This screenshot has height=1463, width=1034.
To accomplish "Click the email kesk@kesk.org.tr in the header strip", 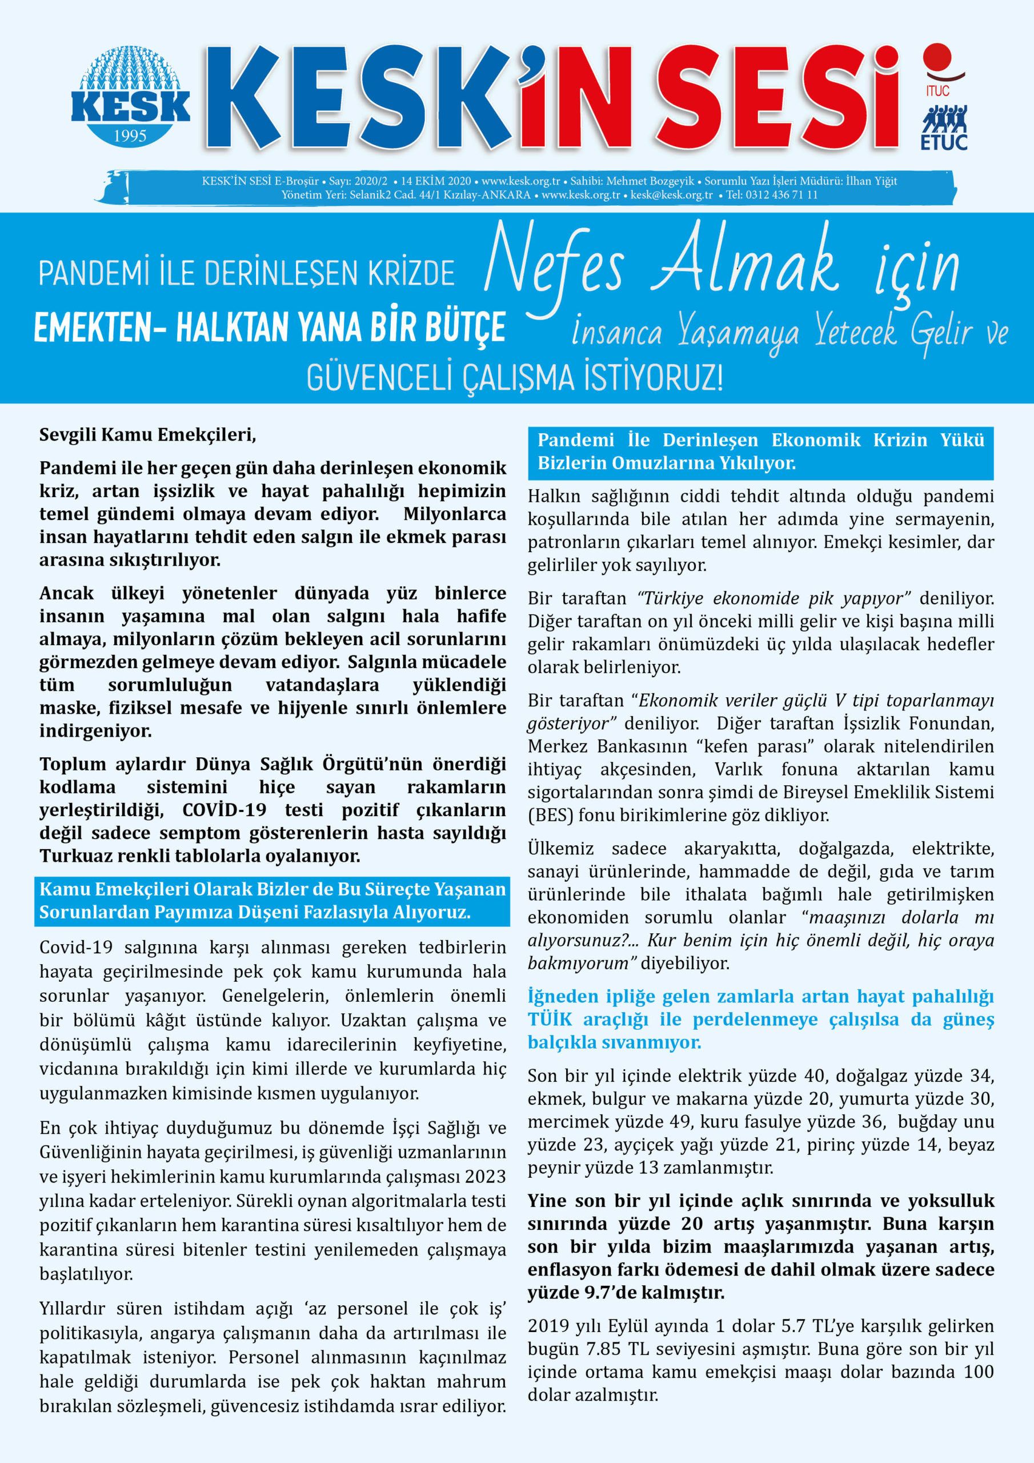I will pos(671,195).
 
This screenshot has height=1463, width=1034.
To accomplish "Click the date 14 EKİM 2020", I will pos(436,181).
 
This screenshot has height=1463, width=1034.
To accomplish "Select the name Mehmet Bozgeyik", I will pos(650,181).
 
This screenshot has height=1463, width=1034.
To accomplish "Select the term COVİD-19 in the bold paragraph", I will pos(225,810).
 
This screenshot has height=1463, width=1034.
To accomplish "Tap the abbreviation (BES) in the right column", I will pos(550,815).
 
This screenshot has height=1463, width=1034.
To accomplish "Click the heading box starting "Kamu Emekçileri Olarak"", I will pos(272,900).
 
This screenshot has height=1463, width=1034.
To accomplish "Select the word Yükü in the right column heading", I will pos(963,439).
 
